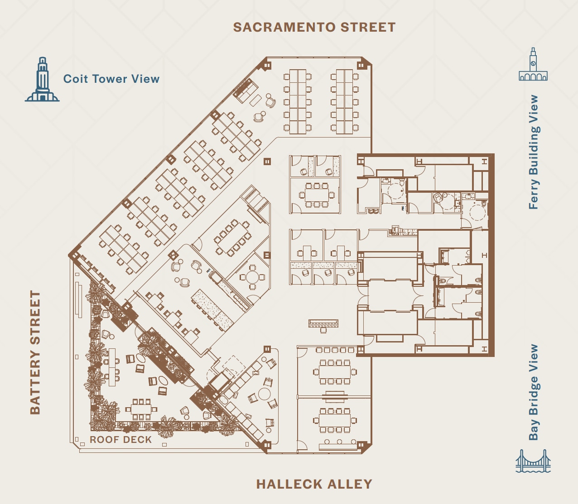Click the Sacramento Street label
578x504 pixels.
pyautogui.click(x=314, y=27)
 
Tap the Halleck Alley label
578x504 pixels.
pyautogui.click(x=314, y=484)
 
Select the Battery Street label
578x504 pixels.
pyautogui.click(x=35, y=352)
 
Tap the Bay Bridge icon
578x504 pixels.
pyautogui.click(x=533, y=461)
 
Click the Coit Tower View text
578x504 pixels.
pyautogui.click(x=111, y=79)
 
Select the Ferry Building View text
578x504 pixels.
pyautogui.click(x=534, y=152)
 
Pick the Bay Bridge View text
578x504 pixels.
pyautogui.click(x=534, y=392)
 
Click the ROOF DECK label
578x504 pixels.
pyautogui.click(x=120, y=440)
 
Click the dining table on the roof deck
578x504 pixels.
pyautogui.click(x=141, y=409)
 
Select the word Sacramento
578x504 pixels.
pyautogui.click(x=285, y=27)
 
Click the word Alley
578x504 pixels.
pyautogui.click(x=349, y=484)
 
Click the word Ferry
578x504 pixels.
pyautogui.click(x=534, y=194)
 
